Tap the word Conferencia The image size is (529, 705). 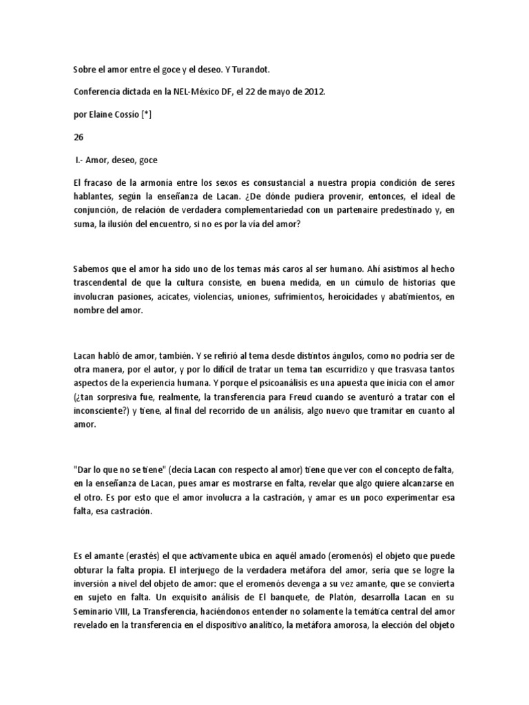pos(97,92)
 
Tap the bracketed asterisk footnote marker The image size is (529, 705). pos(147,114)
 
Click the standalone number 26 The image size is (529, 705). pos(78,136)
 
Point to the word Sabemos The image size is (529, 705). pos(92,270)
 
